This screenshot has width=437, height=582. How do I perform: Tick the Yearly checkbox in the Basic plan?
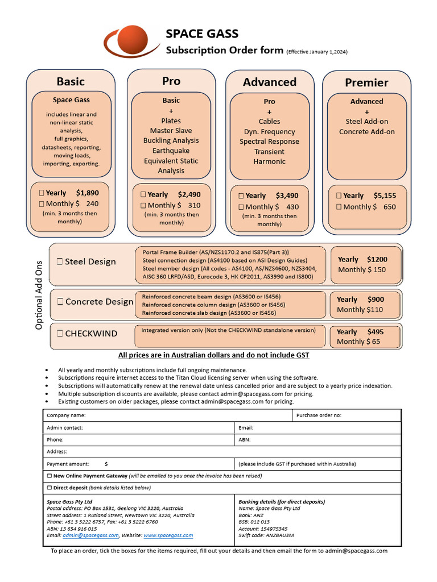42,193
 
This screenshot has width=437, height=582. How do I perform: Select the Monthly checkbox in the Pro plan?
143,205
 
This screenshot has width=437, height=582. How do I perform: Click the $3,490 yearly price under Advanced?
287,196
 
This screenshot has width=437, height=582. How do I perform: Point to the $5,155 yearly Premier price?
385,196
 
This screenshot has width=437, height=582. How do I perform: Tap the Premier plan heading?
366,82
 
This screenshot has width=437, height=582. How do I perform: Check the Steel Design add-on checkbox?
60,262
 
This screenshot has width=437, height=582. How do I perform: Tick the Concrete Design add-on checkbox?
60,302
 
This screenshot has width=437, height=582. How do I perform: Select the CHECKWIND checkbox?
60,334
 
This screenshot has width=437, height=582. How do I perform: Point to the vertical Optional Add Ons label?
39,295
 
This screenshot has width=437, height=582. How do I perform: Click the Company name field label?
66,415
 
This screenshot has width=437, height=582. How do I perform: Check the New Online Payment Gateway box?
50,476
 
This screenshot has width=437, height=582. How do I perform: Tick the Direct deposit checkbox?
50,488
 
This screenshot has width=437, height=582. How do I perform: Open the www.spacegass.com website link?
168,535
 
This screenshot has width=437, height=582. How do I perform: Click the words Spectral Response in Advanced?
269,142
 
